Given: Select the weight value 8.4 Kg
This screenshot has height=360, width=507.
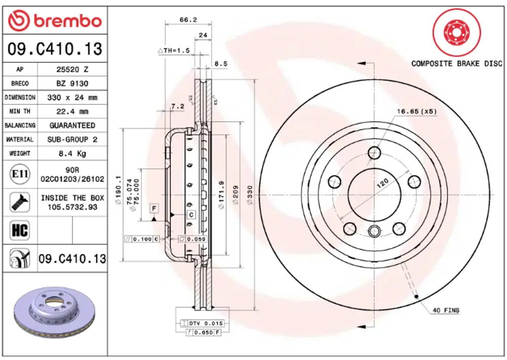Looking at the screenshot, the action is [x=72, y=154].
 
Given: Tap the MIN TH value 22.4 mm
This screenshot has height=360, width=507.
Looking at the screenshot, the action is [x=72, y=112].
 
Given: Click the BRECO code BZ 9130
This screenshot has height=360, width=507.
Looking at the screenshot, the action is [x=72, y=84].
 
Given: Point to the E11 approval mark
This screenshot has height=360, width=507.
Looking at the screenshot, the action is [x=20, y=174].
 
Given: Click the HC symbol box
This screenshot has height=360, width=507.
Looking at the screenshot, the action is [x=20, y=230].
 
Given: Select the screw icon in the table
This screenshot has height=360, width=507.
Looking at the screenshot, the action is [x=20, y=202].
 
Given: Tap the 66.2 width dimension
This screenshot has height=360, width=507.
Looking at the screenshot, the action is [x=188, y=20].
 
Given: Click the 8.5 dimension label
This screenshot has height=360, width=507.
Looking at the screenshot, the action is [x=221, y=64].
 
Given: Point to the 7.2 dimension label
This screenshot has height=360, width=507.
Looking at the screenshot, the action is [x=177, y=106].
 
